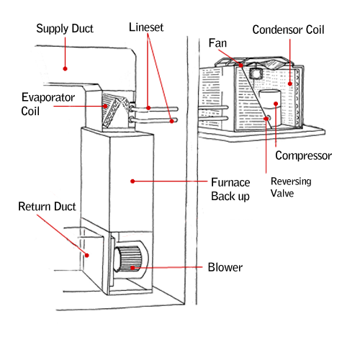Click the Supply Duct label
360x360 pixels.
point(65,29)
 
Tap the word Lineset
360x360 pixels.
point(146,27)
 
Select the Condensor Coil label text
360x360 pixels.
point(288,30)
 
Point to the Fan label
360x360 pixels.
point(217,43)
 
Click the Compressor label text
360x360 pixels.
point(304,156)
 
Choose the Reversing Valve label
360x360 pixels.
point(291,187)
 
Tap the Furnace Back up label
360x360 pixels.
point(230,189)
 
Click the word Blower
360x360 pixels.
point(225,267)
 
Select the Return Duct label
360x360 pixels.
point(47,207)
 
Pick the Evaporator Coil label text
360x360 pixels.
point(48,104)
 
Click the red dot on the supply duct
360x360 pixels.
point(65,68)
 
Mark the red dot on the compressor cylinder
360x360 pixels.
point(276,104)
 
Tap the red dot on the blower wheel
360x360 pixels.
point(132,268)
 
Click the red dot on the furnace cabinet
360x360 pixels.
point(132,181)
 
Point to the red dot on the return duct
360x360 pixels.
point(87,256)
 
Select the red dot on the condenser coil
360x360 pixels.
point(290,84)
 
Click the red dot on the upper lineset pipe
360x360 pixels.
point(148,108)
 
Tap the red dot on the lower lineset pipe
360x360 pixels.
point(171,121)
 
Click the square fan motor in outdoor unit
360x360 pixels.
point(255,73)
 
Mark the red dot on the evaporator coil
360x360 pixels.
point(105,106)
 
